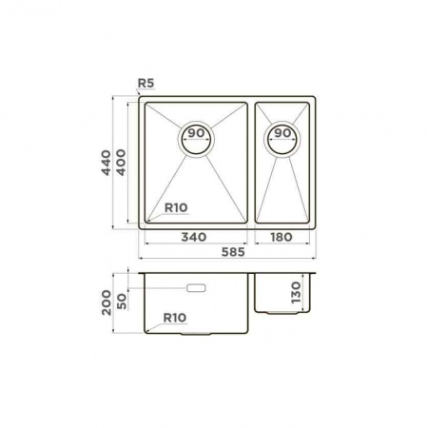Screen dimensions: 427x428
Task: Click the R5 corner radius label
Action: pyautogui.click(x=146, y=83)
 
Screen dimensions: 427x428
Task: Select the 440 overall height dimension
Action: pyautogui.click(x=106, y=163)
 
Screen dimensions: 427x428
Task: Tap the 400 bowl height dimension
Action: pyautogui.click(x=121, y=163)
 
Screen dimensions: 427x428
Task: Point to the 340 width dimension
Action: pyautogui.click(x=194, y=237)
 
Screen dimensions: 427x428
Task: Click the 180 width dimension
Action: pyautogui.click(x=281, y=237)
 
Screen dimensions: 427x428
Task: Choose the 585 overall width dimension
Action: pyautogui.click(x=233, y=252)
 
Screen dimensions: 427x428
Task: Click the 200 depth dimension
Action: pyautogui.click(x=107, y=302)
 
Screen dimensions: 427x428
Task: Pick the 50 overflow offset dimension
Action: pyautogui.click(x=122, y=302)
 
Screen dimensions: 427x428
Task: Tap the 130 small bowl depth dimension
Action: pyautogui.click(x=296, y=292)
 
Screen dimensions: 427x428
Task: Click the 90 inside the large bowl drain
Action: pyautogui.click(x=196, y=133)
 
